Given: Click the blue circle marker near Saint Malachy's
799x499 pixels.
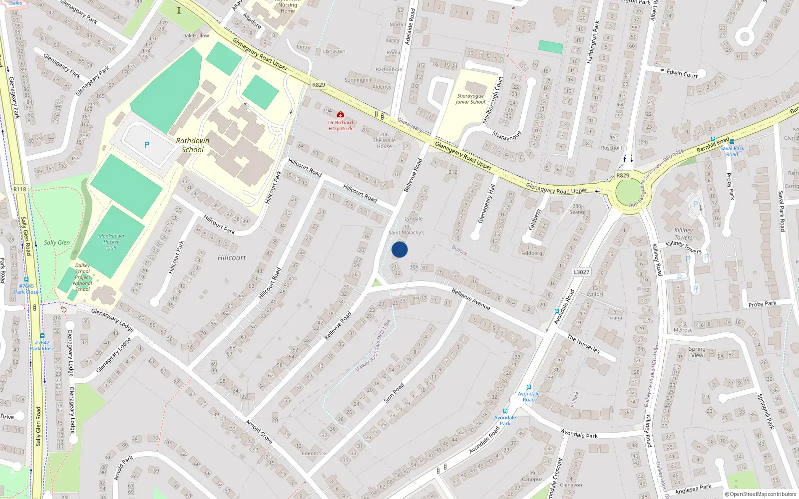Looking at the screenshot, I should coord(399,249).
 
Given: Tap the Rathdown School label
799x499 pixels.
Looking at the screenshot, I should coord(193,145).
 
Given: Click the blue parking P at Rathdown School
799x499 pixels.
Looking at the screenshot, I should coord(147,145).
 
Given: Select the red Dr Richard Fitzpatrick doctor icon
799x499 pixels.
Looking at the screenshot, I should coord(341,115).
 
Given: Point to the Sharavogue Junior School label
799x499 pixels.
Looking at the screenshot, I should coord(470,99).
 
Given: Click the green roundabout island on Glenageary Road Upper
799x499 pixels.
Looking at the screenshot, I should coord(630,192).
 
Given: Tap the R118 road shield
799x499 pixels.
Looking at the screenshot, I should coord(20,189).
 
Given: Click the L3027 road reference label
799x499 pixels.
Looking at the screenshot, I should coord(581,272).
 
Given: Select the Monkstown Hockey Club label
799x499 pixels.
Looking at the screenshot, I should coord(111,242).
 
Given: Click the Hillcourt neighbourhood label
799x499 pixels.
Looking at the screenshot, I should coord(232,257).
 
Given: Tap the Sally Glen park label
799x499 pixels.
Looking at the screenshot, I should coord(57,243).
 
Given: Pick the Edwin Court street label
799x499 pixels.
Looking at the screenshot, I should coord(682,74).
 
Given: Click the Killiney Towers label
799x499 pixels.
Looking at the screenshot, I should coord(683,234).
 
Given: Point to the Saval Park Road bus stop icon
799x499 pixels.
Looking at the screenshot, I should coord(732,142).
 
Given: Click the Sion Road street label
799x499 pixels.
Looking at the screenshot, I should coord(394,393).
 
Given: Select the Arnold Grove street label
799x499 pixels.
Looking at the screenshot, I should coord(259,432).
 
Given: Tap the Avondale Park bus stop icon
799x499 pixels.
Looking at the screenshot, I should coord(505,411).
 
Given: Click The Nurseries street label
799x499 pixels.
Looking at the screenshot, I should coord(583,344).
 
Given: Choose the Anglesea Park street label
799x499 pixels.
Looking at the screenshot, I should coord(693,489).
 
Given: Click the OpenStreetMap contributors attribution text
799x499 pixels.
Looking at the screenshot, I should coord(761,494).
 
